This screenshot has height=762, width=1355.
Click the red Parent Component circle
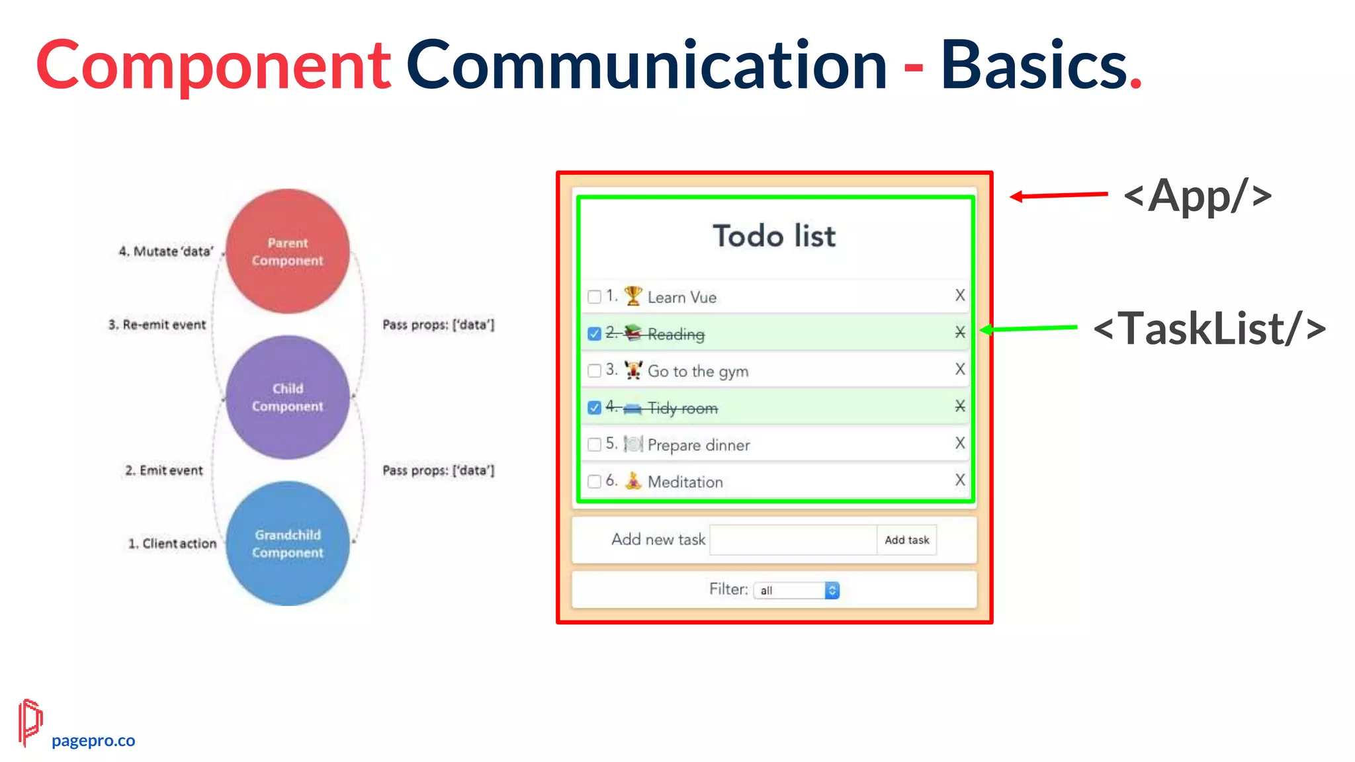click(287, 251)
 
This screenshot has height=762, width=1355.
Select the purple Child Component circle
click(287, 397)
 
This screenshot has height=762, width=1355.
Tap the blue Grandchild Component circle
click(287, 543)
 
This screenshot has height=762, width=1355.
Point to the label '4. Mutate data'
click(166, 251)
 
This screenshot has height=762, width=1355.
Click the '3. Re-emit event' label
click(157, 325)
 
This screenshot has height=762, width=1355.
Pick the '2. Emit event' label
click(164, 470)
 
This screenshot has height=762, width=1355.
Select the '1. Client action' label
click(172, 544)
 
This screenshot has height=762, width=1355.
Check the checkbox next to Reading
click(594, 333)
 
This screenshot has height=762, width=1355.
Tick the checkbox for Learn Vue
click(594, 296)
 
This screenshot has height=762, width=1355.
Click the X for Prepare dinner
click(960, 443)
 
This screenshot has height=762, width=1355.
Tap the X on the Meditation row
click(960, 480)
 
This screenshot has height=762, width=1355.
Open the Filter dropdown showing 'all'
click(797, 590)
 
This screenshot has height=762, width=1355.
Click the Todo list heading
click(774, 236)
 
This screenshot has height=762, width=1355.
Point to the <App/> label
click(1198, 196)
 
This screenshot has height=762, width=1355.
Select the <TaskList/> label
click(1209, 329)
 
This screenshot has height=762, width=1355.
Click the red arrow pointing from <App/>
click(1059, 195)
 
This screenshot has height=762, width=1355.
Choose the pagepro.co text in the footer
click(93, 741)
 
